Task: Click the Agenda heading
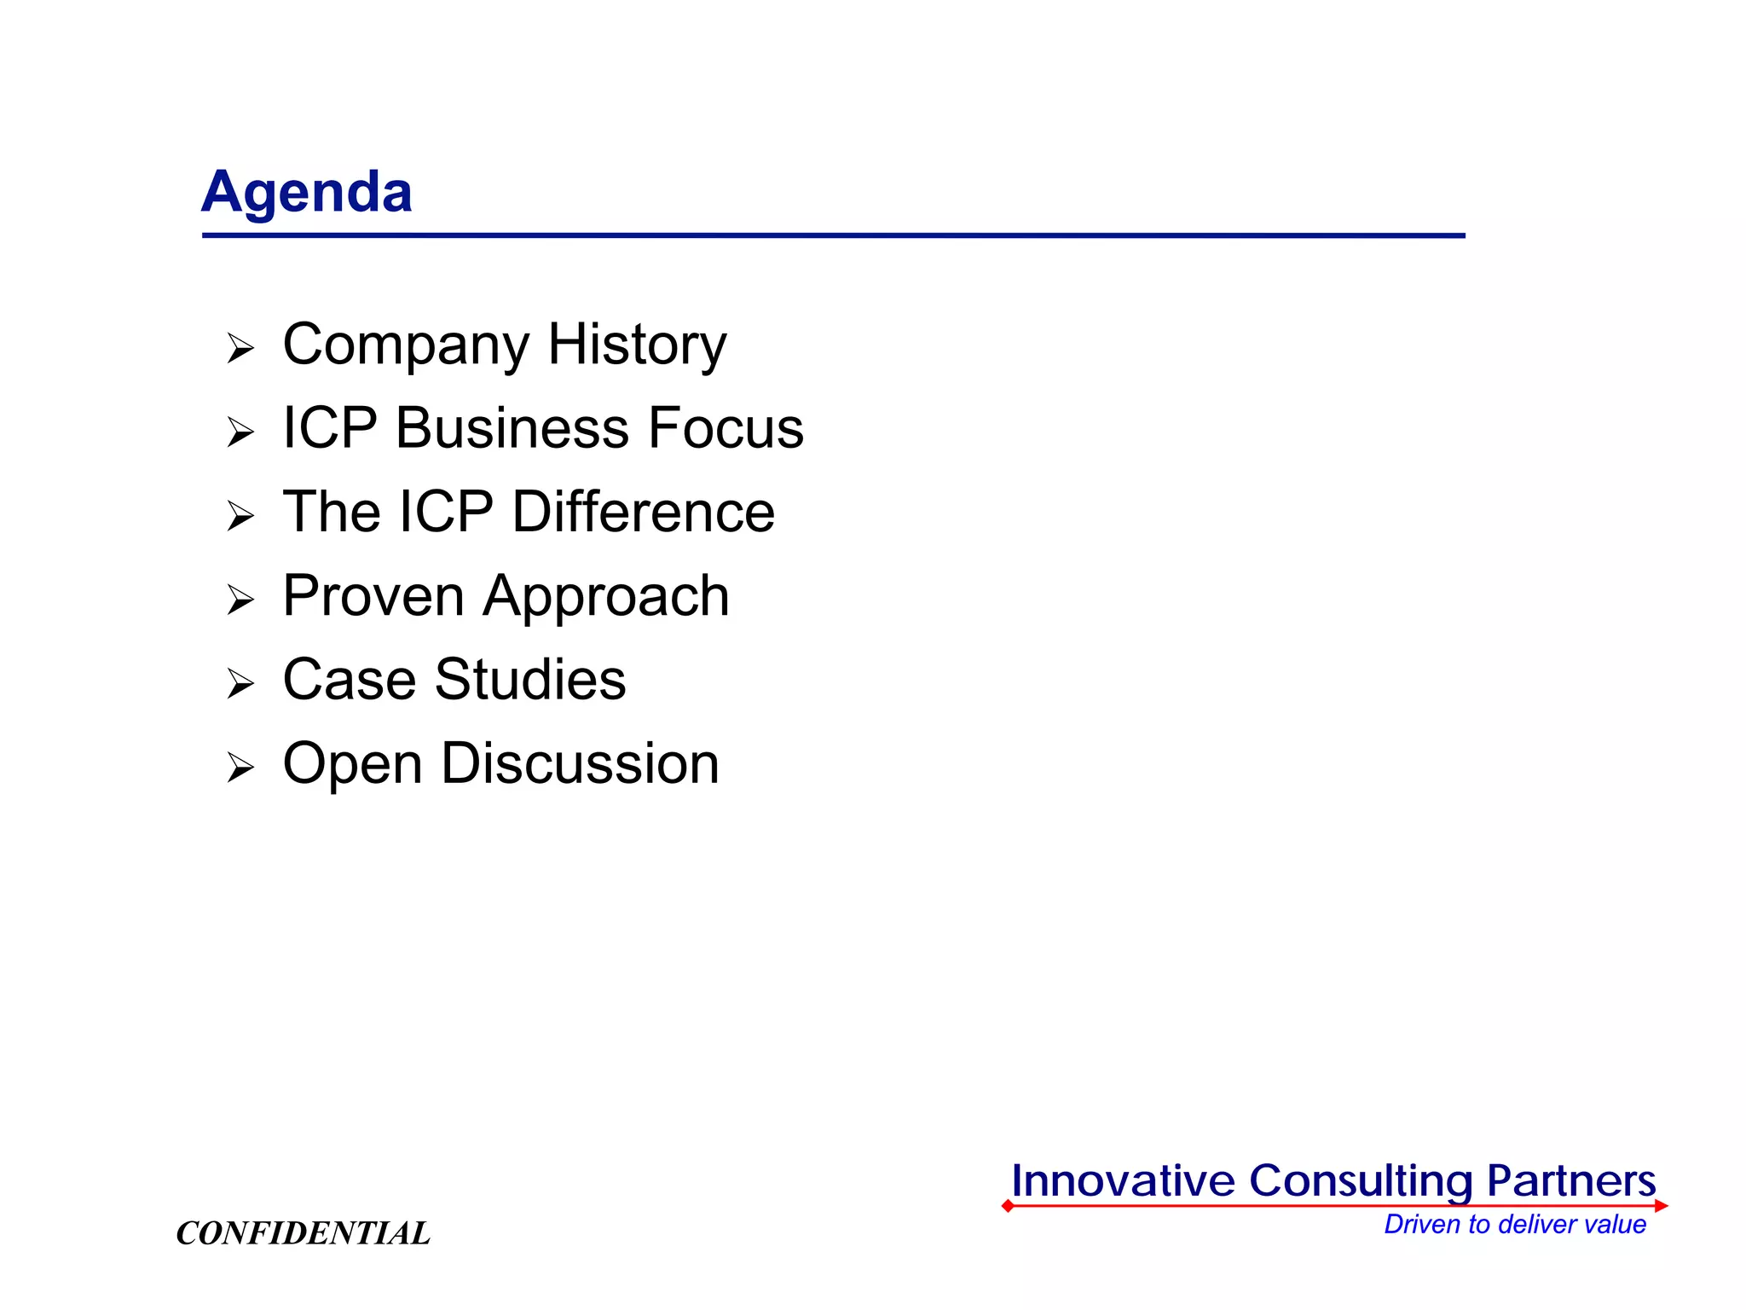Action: (307, 192)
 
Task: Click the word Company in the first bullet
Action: (406, 345)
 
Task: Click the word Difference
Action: (643, 512)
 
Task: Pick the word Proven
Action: (373, 595)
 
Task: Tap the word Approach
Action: (606, 597)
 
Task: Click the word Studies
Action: (530, 680)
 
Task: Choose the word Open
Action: (352, 764)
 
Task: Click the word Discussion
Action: (580, 763)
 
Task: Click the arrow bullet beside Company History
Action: (240, 349)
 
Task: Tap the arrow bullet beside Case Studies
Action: (240, 684)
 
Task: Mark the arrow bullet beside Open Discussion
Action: (240, 768)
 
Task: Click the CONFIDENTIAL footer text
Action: (303, 1233)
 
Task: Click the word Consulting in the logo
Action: (1361, 1181)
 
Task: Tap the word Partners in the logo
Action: (1570, 1181)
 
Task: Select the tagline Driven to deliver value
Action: (1514, 1225)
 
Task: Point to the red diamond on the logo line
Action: (1008, 1206)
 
